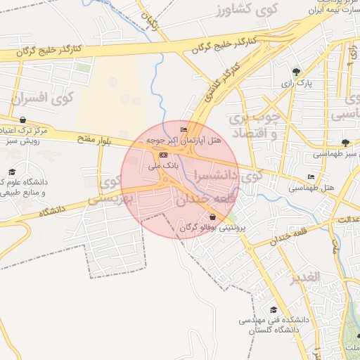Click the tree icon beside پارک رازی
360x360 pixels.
click(296, 72)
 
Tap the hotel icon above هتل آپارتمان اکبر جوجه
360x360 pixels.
click(184, 130)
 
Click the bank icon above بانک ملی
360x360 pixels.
click(163, 154)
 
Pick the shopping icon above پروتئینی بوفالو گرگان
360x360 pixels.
click(213, 217)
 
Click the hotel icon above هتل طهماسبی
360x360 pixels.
click(311, 177)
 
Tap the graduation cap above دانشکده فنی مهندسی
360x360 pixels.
click(273, 309)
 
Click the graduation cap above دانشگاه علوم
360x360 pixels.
click(12, 172)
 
